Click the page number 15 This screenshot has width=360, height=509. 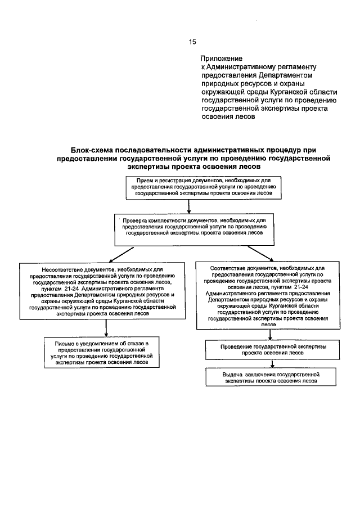tap(192, 41)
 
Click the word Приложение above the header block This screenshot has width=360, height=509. tap(221, 58)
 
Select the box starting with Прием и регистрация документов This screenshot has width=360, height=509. tap(203, 187)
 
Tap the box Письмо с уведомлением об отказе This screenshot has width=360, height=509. tap(106, 353)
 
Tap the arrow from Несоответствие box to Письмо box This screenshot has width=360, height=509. tap(106, 328)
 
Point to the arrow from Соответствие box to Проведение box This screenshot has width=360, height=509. tap(269, 335)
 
